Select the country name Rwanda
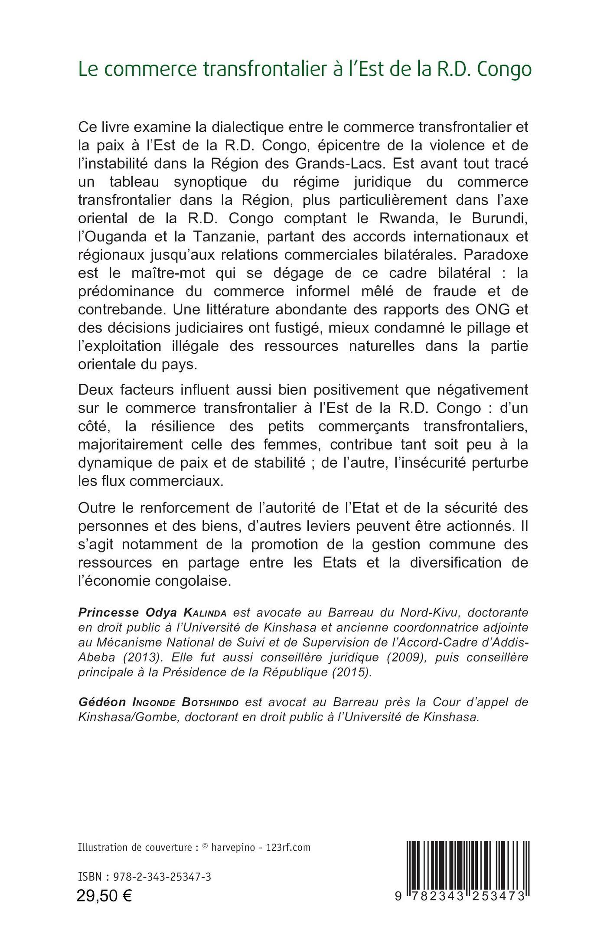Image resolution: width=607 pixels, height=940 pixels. pos(406,219)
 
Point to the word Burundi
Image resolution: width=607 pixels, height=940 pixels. pos(497,219)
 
